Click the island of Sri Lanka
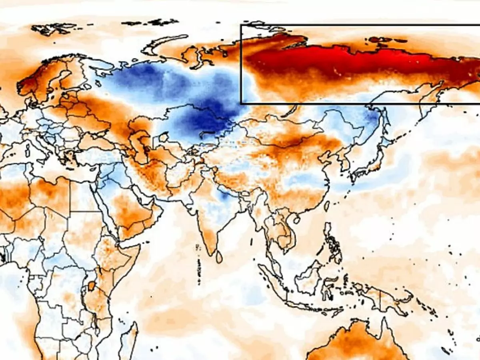point(219,256)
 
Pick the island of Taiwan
point(326,206)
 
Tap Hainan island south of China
point(297,219)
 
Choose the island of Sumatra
point(272,280)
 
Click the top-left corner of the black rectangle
point(241,25)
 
